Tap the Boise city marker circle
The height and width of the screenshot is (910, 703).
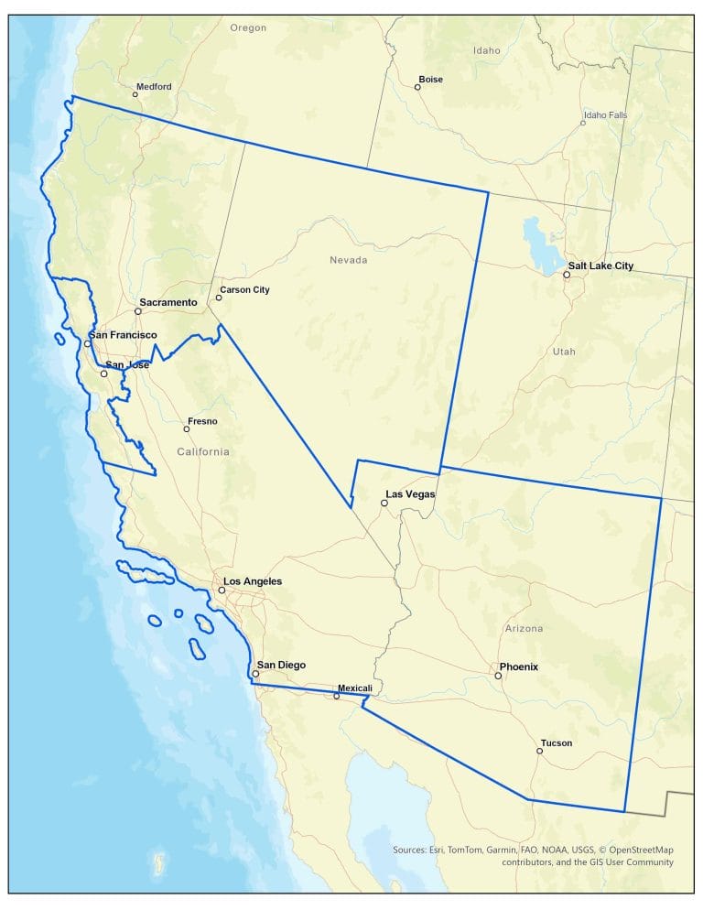click(417, 87)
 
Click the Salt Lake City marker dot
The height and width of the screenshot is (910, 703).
click(567, 275)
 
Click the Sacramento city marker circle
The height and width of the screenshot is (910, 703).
click(138, 311)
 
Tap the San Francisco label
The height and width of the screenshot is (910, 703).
click(123, 336)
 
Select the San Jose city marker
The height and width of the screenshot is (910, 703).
click(103, 374)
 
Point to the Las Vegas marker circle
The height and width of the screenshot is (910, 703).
click(384, 504)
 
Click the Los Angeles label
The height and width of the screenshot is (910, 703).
click(253, 581)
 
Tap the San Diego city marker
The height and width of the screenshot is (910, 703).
click(255, 674)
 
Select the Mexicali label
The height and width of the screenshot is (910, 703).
click(354, 688)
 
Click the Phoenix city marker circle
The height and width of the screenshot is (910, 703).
click(499, 676)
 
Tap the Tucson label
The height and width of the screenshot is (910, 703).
click(557, 743)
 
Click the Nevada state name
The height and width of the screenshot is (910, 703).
click(348, 261)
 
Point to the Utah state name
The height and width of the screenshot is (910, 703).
click(565, 352)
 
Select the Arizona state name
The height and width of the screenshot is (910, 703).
click(524, 629)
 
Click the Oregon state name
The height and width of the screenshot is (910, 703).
click(248, 28)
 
